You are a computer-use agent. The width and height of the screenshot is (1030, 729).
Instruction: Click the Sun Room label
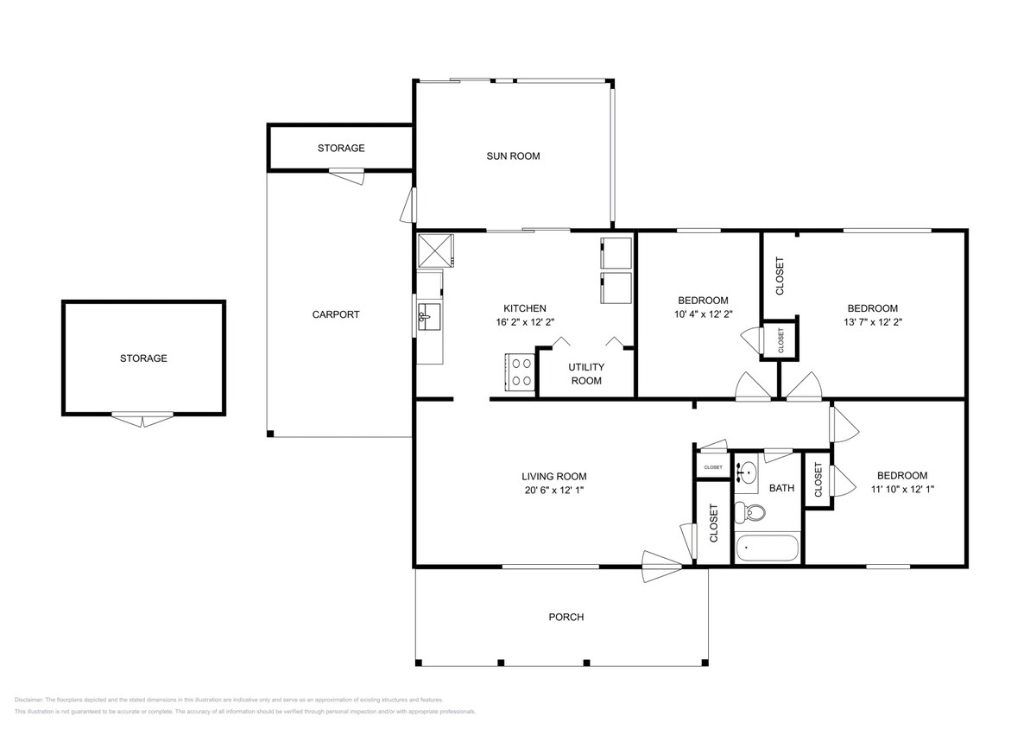click(x=513, y=156)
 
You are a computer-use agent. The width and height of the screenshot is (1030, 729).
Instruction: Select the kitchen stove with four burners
click(x=520, y=372)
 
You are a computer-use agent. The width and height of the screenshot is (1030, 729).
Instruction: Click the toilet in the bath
click(x=749, y=512)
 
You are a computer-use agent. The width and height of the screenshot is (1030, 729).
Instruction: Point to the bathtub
click(x=768, y=548)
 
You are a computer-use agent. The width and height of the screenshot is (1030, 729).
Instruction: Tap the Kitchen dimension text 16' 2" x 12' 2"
click(x=524, y=322)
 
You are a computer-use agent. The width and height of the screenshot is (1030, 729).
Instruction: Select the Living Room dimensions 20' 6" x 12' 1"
click(x=553, y=490)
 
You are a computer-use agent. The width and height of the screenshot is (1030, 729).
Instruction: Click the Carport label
click(x=336, y=314)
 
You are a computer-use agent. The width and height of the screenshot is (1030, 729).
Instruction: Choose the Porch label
click(x=566, y=617)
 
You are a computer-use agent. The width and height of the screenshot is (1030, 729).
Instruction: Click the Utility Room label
click(x=585, y=374)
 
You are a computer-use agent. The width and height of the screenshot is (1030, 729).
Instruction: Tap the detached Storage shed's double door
click(x=142, y=420)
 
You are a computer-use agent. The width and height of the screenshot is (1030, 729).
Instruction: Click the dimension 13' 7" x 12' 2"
click(x=872, y=322)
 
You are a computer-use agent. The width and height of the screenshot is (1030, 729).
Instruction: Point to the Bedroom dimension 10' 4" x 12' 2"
click(x=703, y=314)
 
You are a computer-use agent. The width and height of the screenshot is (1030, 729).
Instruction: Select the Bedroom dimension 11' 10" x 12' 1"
click(x=902, y=490)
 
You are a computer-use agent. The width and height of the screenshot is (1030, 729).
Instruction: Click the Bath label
click(x=781, y=488)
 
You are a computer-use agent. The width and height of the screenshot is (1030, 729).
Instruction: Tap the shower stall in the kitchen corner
click(x=438, y=250)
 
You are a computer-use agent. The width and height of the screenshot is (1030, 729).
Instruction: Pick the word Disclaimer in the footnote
click(x=28, y=700)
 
